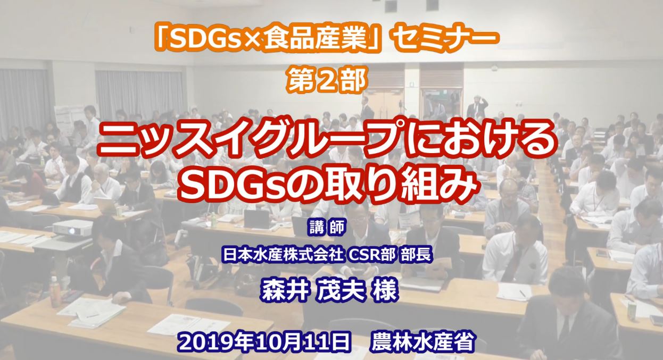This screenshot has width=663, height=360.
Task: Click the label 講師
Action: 327,229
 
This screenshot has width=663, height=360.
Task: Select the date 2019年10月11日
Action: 264,340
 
